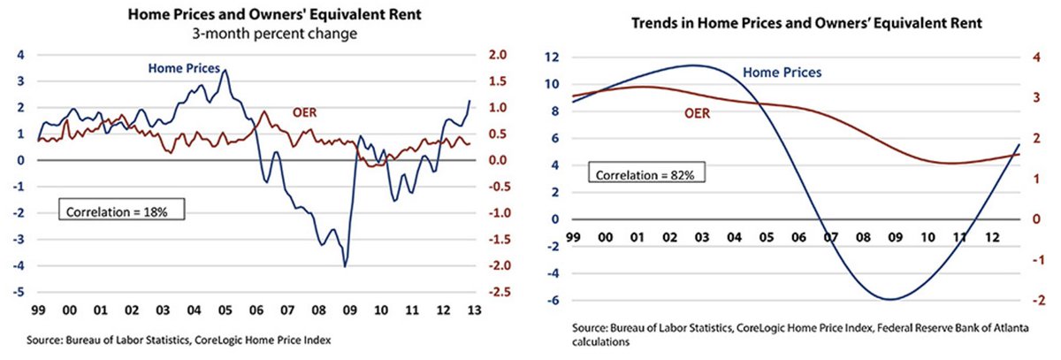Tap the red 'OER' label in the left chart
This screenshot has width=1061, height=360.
coord(305,112)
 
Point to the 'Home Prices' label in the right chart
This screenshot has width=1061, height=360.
coord(782,73)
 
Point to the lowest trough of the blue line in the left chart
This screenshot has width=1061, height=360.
coord(345,266)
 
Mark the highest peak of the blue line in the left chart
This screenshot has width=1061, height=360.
coord(225,70)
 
